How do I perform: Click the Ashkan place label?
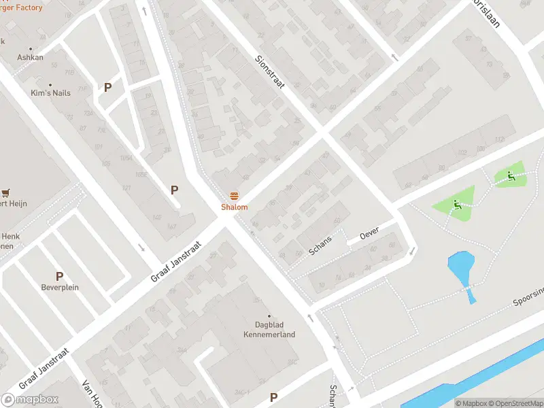(x=30, y=58)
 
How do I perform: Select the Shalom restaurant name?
(x=234, y=207)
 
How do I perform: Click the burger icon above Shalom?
(x=234, y=196)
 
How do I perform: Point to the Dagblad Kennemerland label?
(x=270, y=330)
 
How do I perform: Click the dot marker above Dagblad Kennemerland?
(x=270, y=316)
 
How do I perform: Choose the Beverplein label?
(x=59, y=287)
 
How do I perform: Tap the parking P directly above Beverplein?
(x=59, y=276)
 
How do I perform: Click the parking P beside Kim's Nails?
(x=107, y=87)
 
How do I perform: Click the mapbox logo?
(x=30, y=399)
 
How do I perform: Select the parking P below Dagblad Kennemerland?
(x=273, y=397)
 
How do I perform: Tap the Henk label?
(x=10, y=235)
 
